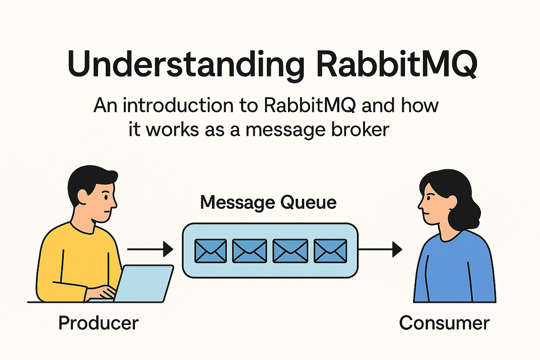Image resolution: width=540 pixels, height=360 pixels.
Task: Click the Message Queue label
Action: click(x=268, y=202)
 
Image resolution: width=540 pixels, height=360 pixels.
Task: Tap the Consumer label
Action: click(x=444, y=323)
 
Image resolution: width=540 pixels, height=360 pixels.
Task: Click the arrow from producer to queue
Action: click(x=150, y=248)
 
